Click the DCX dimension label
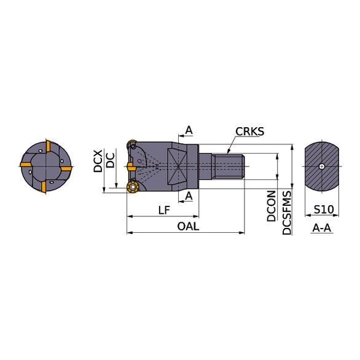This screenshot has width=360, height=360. pyautogui.click(x=98, y=161)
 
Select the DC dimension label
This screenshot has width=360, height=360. pyautogui.click(x=111, y=160)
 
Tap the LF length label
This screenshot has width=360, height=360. pyautogui.click(x=163, y=210)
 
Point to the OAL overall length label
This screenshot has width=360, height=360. pyautogui.click(x=189, y=226)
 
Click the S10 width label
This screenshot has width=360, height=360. pyautogui.click(x=323, y=210)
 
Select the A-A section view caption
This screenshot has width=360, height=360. pyautogui.click(x=323, y=228)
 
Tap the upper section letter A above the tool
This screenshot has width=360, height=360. pyautogui.click(x=189, y=130)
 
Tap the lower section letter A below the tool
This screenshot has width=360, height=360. pyautogui.click(x=189, y=195)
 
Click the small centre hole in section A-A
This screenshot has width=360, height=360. pyautogui.click(x=323, y=166)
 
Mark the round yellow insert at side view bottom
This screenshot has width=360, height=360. pyautogui.click(x=131, y=186)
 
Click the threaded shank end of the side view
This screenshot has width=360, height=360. pyautogui.click(x=229, y=166)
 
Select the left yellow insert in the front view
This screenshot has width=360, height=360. pyautogui.click(x=26, y=165)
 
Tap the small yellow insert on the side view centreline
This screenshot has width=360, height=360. pyautogui.click(x=131, y=166)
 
